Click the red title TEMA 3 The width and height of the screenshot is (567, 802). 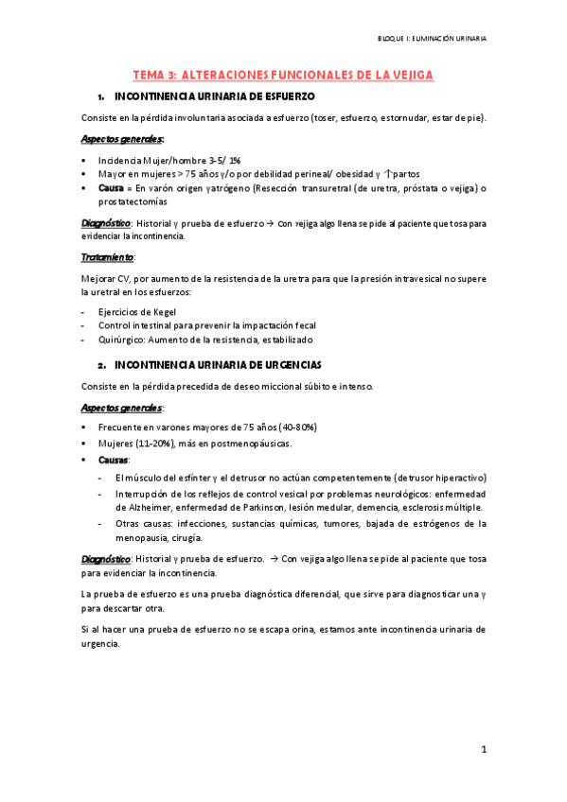[x=153, y=74]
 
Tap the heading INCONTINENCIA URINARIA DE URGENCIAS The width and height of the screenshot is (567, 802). [x=218, y=364]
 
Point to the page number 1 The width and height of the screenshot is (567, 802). [x=483, y=749]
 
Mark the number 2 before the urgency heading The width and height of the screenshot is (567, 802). [x=99, y=364]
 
